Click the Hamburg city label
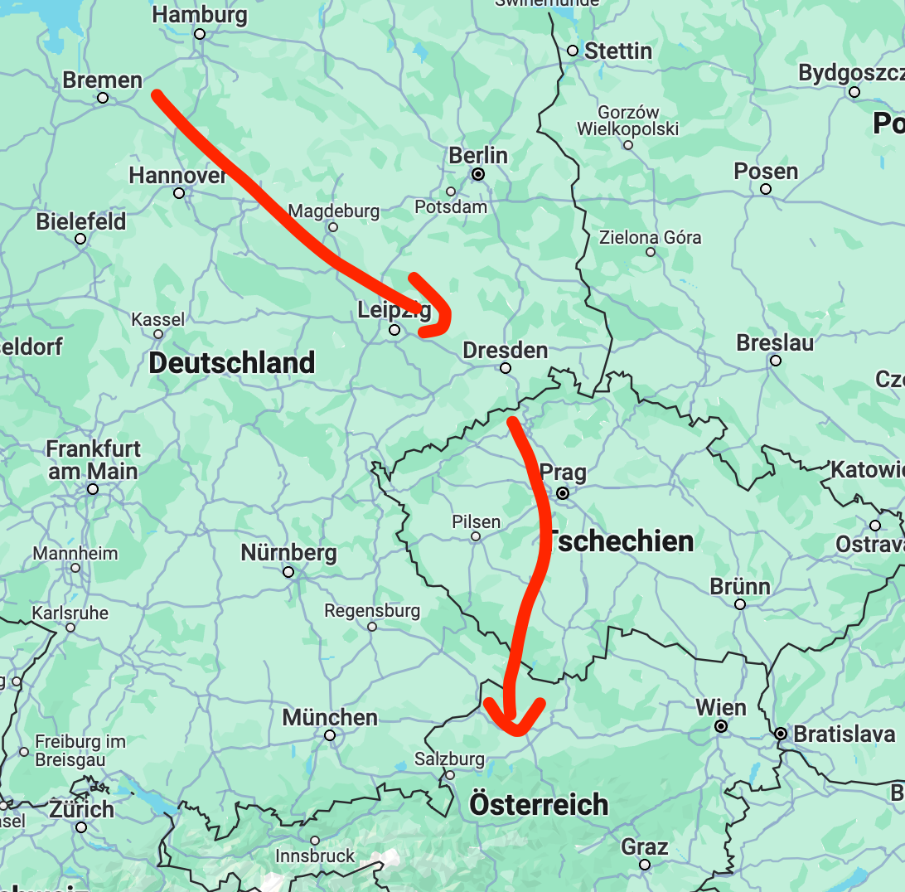coord(200,15)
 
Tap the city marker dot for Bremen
coord(103,98)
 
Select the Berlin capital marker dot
coord(478,174)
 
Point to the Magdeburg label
coord(334,211)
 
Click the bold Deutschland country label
coord(232,363)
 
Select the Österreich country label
coord(539,804)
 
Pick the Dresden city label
coord(505,350)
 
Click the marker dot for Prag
coord(563,493)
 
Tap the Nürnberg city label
coord(288,553)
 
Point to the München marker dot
coord(330,735)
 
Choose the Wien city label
coord(721,708)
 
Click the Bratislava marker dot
coord(781,734)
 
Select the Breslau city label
coord(775,342)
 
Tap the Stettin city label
coord(618,51)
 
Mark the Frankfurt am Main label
coord(93,460)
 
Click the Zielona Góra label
coord(651,237)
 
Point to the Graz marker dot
coord(645,865)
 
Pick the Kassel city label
coord(158,319)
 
